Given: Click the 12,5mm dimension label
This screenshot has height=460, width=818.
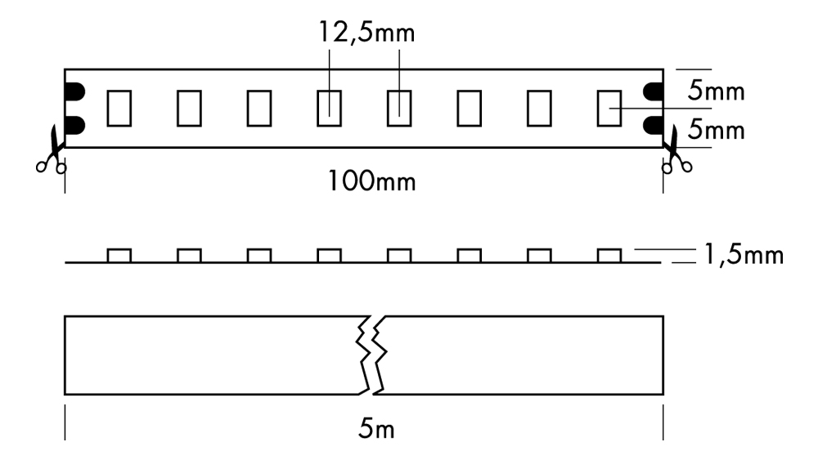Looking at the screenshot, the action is click(x=366, y=33).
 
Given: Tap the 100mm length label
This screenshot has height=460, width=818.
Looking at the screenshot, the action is click(x=371, y=181).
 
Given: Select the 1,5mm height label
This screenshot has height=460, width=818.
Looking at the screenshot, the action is click(x=744, y=255).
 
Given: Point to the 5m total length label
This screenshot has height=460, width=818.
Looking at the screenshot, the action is click(x=376, y=429).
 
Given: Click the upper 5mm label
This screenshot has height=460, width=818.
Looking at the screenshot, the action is click(x=716, y=91).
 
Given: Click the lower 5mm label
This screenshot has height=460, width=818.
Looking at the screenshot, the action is click(x=716, y=129).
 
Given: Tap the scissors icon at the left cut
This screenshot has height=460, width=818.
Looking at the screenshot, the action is click(x=52, y=151).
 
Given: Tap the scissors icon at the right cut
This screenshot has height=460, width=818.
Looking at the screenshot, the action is click(x=676, y=150).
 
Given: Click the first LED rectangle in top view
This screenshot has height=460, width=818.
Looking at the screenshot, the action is click(x=119, y=109).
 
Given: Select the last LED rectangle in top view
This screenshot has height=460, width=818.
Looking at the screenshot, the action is click(x=609, y=109).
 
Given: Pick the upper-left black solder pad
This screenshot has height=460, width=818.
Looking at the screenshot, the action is click(x=74, y=92).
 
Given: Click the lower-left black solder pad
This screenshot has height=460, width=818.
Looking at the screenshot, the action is click(x=74, y=125).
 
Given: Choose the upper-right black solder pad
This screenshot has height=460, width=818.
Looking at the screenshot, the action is click(x=653, y=92).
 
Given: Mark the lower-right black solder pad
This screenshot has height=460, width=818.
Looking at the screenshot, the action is click(x=653, y=125).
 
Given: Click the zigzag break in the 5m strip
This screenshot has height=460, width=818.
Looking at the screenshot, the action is click(x=371, y=355).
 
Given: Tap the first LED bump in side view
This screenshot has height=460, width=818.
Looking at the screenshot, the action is click(x=119, y=255).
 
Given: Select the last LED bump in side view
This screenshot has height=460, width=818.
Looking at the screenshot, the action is click(x=609, y=255).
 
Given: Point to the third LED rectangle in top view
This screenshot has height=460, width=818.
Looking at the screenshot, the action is click(x=259, y=109).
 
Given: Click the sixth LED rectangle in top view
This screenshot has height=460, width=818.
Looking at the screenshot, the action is click(x=469, y=109).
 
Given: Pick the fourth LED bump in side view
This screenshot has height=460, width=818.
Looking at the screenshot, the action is click(x=329, y=255).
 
